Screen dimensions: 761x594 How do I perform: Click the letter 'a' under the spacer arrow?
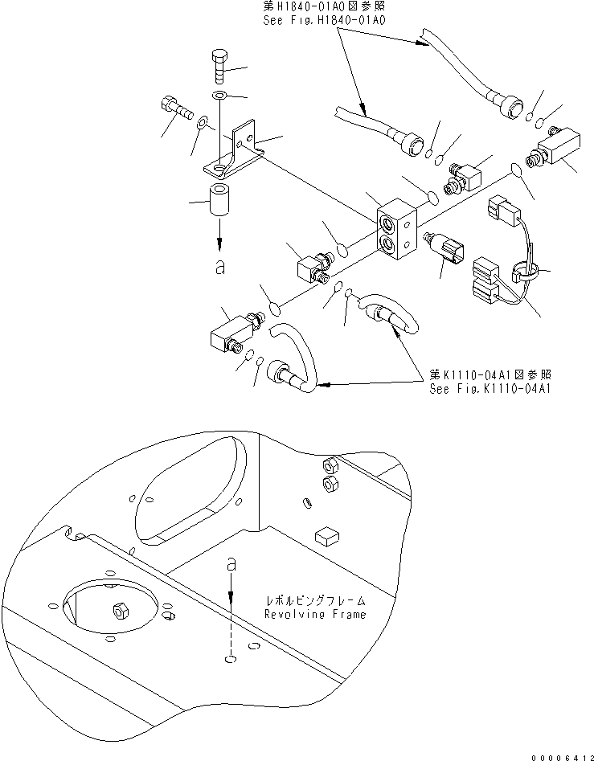(220, 268)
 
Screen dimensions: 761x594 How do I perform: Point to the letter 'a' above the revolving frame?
(231, 566)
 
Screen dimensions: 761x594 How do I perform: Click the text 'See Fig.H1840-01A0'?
(324, 20)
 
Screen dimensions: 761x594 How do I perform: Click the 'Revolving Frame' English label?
(315, 614)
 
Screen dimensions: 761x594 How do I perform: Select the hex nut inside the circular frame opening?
(120, 612)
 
